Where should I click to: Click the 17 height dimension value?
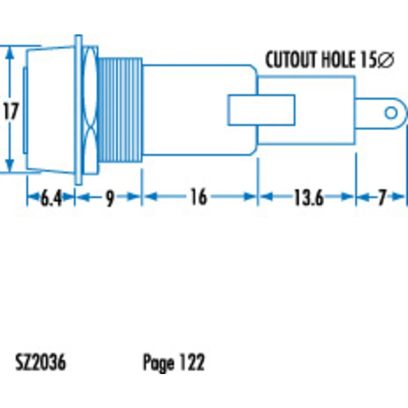11,111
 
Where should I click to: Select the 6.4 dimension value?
51,198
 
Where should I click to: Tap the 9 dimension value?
110,198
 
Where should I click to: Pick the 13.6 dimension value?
309,197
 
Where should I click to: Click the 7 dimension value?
382,197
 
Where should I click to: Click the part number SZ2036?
41,362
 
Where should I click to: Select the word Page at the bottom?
159,363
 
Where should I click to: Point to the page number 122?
192,362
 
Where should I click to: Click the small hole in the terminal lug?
391,113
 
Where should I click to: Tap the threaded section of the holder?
120,110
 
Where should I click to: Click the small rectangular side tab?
261,110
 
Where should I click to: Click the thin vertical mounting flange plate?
78,110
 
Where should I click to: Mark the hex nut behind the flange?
90,110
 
